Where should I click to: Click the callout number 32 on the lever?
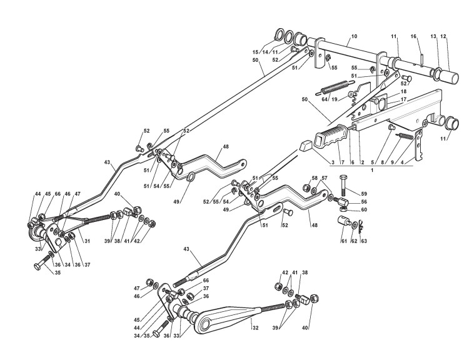tap(254, 327)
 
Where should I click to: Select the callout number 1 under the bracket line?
tap(372, 169)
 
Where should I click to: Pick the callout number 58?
tap(315, 178)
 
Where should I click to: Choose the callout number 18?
tap(386, 91)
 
